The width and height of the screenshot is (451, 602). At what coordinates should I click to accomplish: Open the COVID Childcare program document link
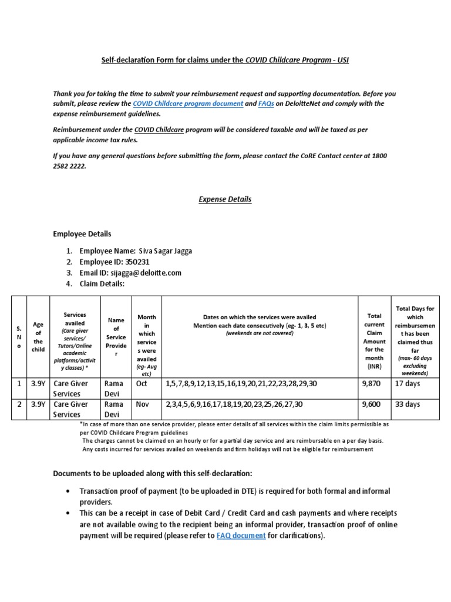[188, 103]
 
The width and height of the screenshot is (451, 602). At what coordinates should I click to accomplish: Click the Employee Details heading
[82, 234]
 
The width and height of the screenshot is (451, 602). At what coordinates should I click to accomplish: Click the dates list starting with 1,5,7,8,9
[242, 383]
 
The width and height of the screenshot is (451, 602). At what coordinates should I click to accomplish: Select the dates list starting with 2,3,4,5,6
[238, 404]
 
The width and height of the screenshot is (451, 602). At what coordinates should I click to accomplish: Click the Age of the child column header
[38, 336]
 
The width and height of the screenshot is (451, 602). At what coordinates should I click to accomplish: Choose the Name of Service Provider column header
[116, 337]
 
